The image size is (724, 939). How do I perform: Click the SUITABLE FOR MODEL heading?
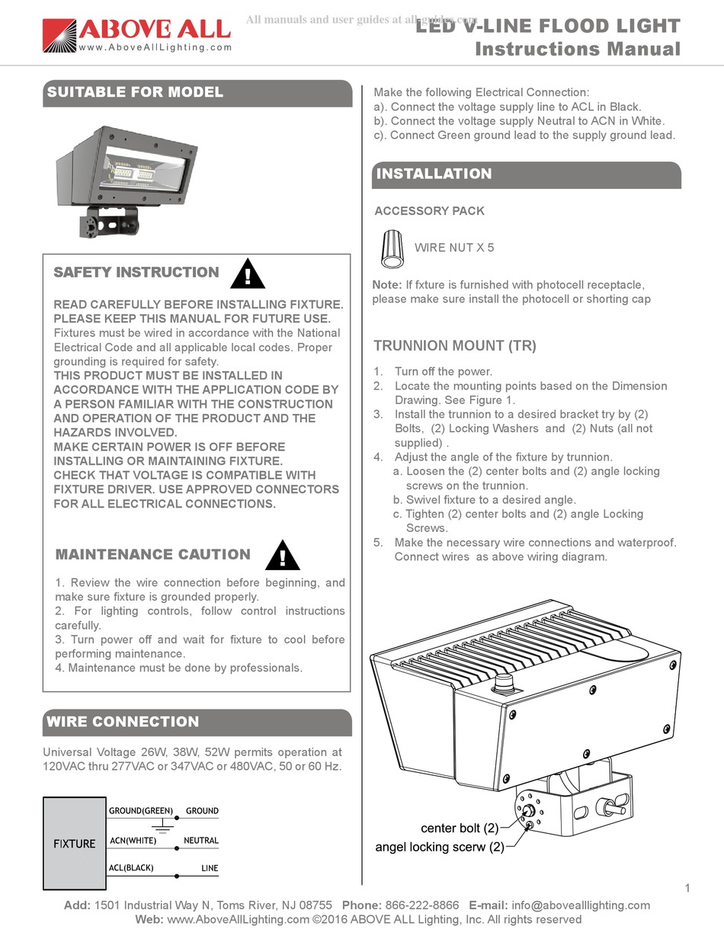point(135,92)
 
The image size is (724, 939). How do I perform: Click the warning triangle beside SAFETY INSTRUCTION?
point(245,274)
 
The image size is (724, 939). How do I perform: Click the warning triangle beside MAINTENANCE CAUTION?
point(282,556)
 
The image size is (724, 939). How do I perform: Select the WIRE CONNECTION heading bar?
point(197,722)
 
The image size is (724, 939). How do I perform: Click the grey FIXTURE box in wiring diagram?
point(74,844)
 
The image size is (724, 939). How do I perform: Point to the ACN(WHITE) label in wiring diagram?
point(133,840)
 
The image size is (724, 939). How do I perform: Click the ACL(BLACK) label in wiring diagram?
point(132,868)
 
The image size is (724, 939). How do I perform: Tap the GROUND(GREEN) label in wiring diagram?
point(141,810)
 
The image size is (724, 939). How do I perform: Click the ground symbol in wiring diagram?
point(161,826)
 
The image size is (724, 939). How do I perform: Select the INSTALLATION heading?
point(434,174)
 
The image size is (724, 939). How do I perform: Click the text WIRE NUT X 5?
point(453,248)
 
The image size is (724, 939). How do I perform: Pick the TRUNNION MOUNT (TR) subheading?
point(454,345)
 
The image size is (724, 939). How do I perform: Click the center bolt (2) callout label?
point(459,828)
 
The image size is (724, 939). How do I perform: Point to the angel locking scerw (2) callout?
point(439,847)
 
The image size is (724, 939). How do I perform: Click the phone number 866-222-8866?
point(422,905)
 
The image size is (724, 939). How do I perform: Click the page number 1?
point(687,888)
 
